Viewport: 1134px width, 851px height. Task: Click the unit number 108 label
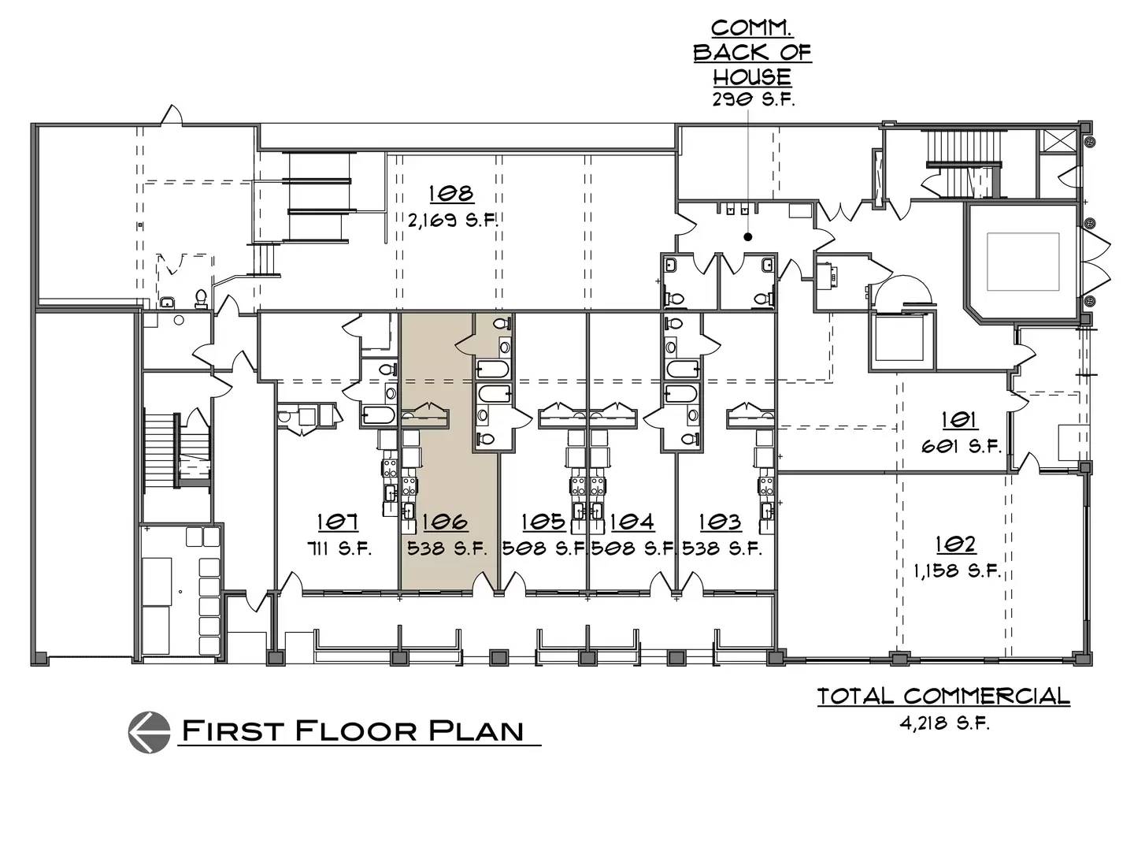coord(451,194)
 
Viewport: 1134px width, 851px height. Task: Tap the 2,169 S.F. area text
coord(453,221)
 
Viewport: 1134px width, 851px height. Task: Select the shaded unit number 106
coord(446,522)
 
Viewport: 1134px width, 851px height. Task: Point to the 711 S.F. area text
coord(339,548)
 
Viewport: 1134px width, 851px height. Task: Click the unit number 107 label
coord(338,522)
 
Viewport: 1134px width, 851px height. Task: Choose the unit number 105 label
coord(543,522)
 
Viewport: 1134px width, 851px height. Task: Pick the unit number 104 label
coord(632,522)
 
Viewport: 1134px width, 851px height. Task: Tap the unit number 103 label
coord(721,522)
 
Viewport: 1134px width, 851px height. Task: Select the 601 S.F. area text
coord(962,447)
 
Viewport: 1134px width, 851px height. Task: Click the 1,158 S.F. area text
coord(958,571)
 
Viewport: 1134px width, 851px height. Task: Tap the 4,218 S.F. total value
coord(945,723)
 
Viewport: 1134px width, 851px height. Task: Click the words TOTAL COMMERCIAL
coord(943,696)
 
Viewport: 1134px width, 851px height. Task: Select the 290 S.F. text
coord(754,100)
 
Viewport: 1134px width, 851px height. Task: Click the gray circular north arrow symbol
coord(150,732)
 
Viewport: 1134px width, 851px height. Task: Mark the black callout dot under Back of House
coord(747,237)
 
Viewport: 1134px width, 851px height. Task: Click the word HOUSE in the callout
coord(752,76)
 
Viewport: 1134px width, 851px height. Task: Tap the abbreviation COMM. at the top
coord(752,28)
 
